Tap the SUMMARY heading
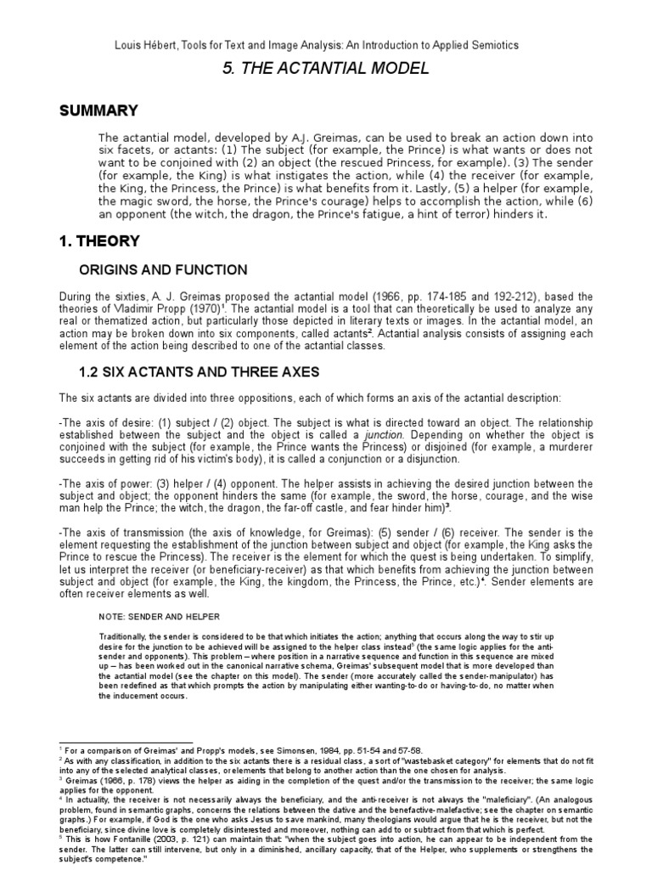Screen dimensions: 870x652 (x=97, y=110)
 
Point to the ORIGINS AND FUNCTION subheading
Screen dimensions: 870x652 (x=163, y=270)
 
